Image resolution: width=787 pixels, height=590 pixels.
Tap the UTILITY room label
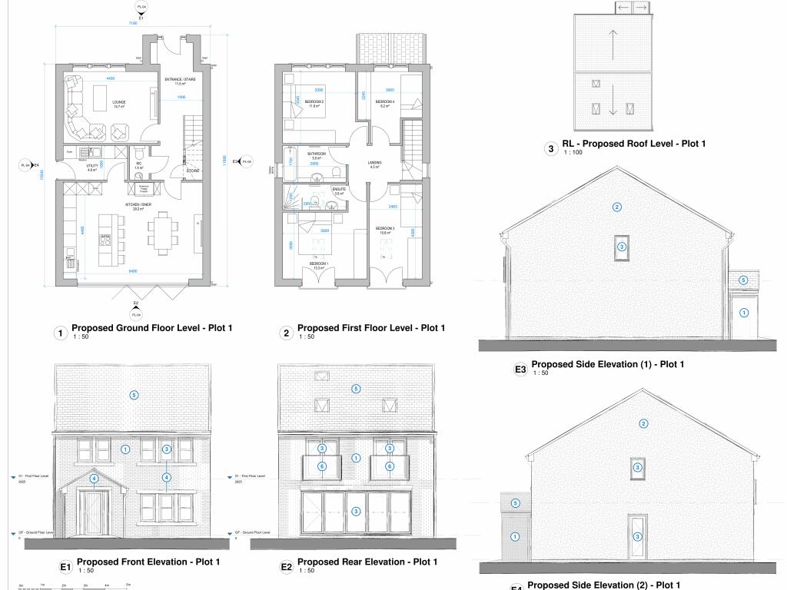point(92,166)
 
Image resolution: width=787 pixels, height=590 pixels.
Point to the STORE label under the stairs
point(194,171)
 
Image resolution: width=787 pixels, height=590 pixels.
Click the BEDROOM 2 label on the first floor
point(314,102)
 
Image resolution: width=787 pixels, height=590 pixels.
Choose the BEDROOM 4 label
point(385,102)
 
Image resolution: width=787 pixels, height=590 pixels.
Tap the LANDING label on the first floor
point(375,163)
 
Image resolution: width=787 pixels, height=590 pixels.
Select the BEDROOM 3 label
point(385,229)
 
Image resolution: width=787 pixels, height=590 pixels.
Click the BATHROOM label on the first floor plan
point(317,154)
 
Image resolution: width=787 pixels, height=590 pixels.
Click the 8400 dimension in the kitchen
point(133,271)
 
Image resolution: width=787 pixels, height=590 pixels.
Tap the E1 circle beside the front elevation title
point(66,568)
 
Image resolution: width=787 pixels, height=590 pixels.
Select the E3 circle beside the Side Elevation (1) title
point(520,370)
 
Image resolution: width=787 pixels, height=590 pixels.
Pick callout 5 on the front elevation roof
point(134,396)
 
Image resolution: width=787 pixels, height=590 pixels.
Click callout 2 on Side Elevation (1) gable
point(616,207)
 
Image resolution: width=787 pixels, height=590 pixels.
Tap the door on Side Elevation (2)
point(637,535)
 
